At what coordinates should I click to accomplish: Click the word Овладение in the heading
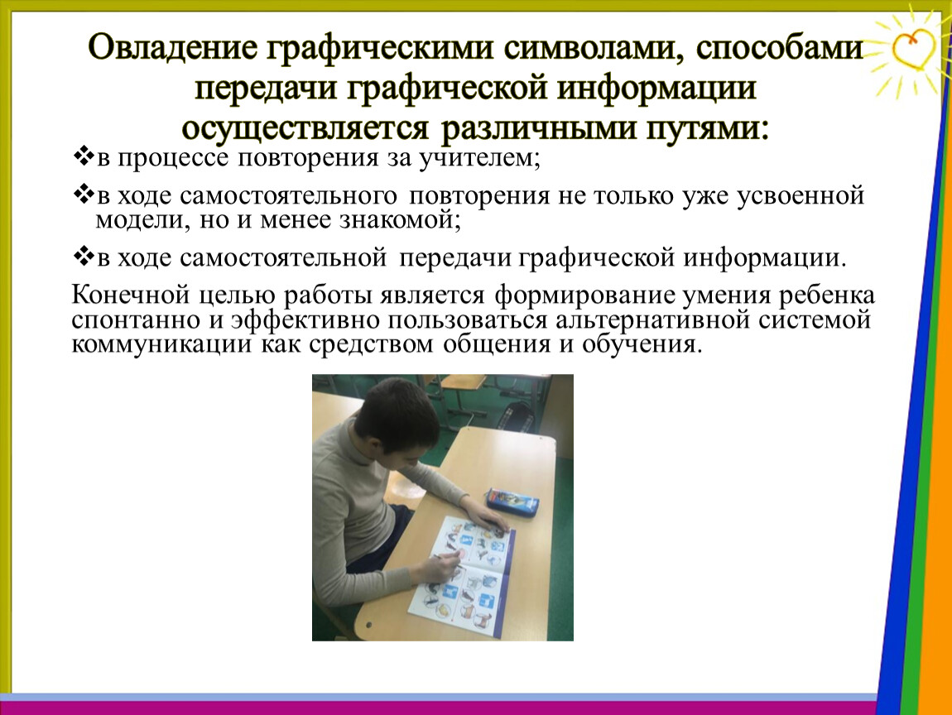coord(173,48)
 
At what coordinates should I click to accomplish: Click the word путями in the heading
coord(704,128)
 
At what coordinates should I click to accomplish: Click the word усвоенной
coord(801,196)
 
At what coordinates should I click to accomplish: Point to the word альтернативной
coord(652,320)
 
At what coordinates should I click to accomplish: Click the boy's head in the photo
coord(397,416)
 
